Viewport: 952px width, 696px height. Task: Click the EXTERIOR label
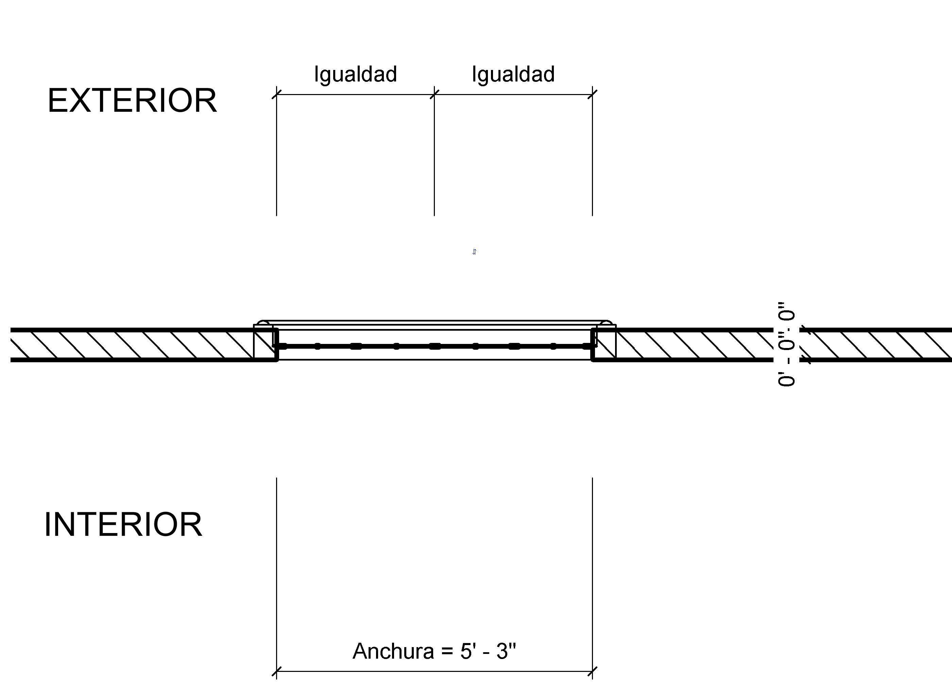tap(132, 101)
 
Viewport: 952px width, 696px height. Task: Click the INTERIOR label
tap(123, 525)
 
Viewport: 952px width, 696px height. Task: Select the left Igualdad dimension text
tap(355, 75)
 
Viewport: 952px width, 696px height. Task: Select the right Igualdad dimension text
tap(513, 75)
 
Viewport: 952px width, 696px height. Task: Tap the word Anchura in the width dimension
tap(393, 651)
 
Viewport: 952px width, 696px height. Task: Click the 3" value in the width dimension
tap(506, 651)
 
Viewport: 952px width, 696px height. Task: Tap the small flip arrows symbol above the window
tap(474, 252)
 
